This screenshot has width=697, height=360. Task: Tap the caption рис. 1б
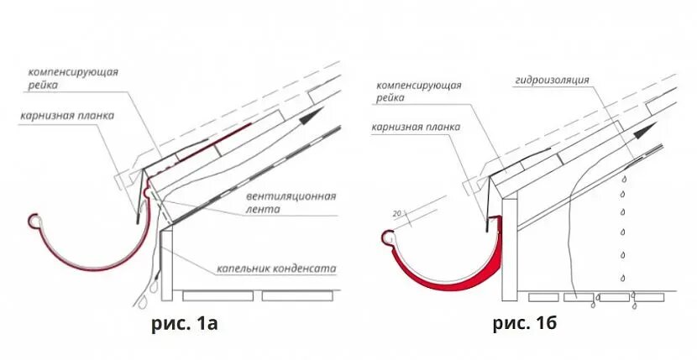click(x=526, y=322)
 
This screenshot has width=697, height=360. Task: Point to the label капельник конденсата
click(x=276, y=269)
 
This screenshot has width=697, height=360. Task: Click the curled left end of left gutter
click(x=34, y=220)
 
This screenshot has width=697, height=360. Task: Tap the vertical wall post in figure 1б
click(x=509, y=252)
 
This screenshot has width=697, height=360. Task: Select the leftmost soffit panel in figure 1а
click(x=217, y=295)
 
